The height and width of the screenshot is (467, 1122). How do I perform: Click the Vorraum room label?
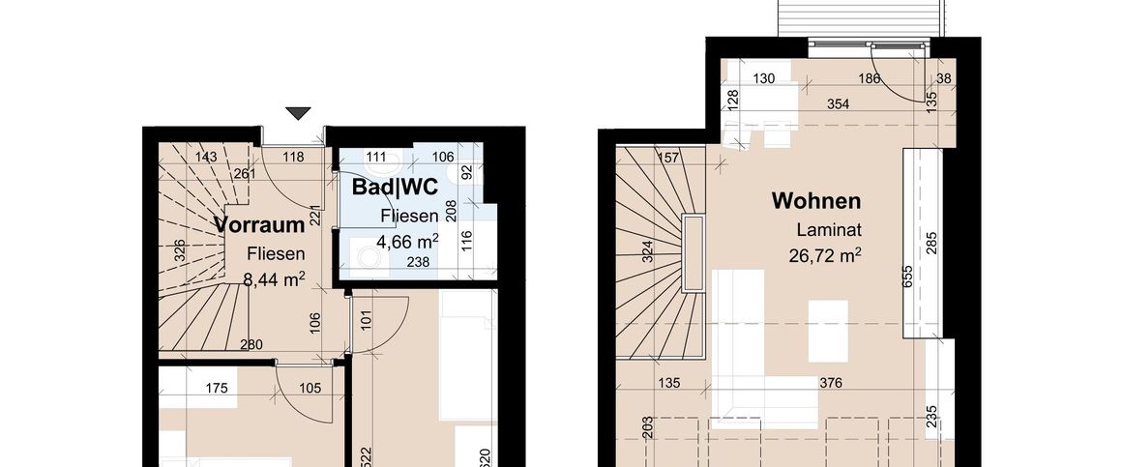click(x=260, y=224)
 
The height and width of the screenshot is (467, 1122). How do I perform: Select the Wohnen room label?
click(x=815, y=201)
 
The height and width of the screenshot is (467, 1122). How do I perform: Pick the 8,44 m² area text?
click(x=275, y=279)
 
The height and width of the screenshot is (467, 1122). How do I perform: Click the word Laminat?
click(x=829, y=230)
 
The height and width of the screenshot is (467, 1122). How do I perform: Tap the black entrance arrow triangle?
click(x=299, y=113)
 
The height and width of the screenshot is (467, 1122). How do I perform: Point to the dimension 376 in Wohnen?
click(x=830, y=383)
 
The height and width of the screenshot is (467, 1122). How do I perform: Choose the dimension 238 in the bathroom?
click(x=418, y=261)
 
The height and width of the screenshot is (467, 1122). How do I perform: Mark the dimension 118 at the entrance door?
click(x=293, y=157)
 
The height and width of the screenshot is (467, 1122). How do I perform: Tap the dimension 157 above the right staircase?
click(x=665, y=159)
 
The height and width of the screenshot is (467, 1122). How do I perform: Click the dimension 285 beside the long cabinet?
click(x=931, y=241)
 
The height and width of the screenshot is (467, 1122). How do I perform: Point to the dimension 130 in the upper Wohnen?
click(x=765, y=79)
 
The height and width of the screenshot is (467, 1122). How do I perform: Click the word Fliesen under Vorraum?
click(x=276, y=254)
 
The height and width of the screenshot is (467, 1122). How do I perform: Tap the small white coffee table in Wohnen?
click(x=827, y=331)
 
